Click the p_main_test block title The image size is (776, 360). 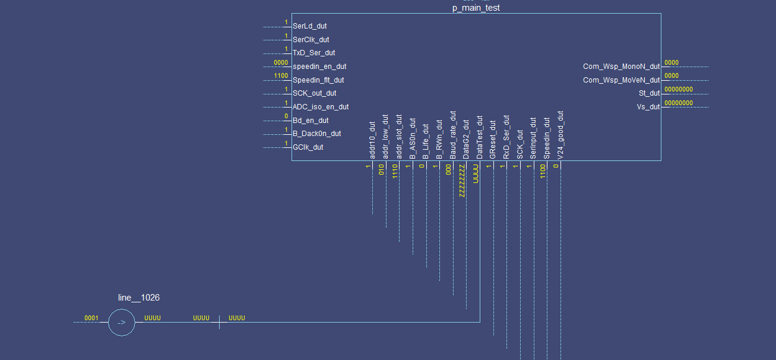(476, 8)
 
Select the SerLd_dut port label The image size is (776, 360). (309, 26)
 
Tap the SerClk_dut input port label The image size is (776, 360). (311, 40)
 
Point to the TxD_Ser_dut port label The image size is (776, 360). (313, 53)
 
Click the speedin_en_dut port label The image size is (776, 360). (319, 67)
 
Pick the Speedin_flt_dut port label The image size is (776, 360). (318, 80)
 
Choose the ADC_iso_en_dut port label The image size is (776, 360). (321, 107)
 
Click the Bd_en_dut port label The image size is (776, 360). (311, 121)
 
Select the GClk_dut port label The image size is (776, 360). (308, 147)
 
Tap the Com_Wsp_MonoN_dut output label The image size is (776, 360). (621, 67)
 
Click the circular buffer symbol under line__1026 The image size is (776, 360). (122, 323)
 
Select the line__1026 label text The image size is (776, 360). (139, 298)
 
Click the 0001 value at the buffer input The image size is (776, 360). (91, 318)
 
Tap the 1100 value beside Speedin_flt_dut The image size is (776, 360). (281, 76)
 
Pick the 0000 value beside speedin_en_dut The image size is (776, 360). (281, 62)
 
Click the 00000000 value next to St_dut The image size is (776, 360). (679, 89)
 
